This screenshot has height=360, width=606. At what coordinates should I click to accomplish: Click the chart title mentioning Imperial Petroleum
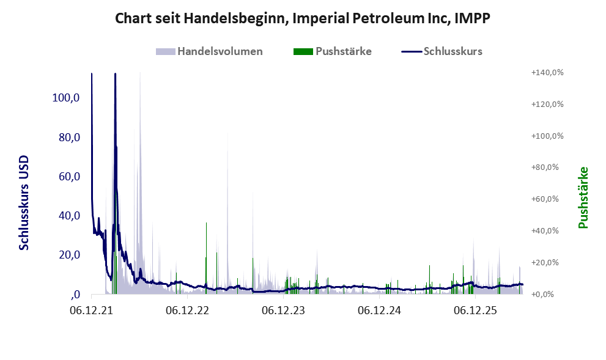[303, 18]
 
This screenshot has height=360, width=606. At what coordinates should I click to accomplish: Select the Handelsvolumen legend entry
[209, 51]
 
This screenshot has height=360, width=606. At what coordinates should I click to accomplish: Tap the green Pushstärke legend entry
[333, 51]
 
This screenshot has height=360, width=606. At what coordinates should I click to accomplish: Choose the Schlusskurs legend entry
[442, 51]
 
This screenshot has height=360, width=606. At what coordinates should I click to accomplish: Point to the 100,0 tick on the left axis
[66, 98]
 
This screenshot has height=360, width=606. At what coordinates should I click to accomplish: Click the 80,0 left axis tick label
[69, 137]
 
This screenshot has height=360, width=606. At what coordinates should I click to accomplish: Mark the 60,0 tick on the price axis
[69, 177]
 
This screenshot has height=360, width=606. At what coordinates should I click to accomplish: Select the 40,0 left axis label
[69, 216]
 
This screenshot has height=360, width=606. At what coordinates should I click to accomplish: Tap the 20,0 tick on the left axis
[69, 255]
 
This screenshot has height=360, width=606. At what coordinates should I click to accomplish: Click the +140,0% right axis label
[547, 73]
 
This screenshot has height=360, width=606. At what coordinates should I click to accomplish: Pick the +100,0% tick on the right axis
[547, 136]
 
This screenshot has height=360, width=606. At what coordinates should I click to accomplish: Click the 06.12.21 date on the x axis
[92, 310]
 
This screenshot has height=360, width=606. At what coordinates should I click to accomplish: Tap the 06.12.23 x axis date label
[283, 310]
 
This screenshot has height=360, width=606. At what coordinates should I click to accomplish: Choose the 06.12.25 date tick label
[475, 310]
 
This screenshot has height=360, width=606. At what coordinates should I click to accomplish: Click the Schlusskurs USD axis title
[24, 203]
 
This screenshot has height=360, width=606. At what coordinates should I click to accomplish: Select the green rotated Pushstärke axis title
[583, 198]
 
